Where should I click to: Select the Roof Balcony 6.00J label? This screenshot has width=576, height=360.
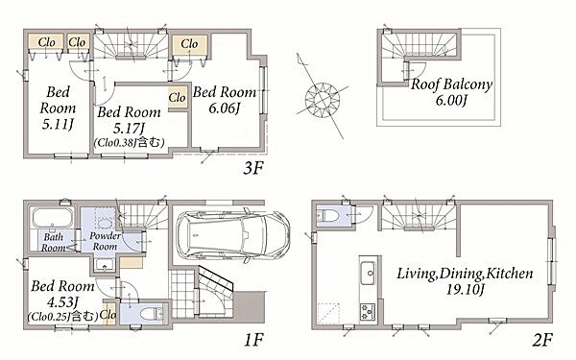pos(451,92)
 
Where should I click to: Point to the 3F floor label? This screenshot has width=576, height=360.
pos(253,168)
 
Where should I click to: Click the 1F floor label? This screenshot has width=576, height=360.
pos(253,340)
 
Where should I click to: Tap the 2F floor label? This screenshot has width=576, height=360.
pos(542,340)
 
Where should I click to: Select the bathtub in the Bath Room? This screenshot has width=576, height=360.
pos(53,218)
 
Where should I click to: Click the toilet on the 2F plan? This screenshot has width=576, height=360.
pos(325,216)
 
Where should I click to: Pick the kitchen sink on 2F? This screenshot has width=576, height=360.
pos(369,274)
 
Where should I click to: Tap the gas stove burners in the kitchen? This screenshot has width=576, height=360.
pos(368,311)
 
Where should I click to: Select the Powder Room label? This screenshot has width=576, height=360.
pos(105,241)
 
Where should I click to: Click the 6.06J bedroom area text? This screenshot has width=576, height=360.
pos(224,108)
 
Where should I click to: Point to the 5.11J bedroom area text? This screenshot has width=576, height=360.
pos(58,124)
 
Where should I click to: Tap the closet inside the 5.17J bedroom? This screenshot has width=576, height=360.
pos(178,97)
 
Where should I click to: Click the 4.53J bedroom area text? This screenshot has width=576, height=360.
pos(62,302)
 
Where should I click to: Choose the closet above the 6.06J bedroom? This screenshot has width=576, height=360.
pos(189,44)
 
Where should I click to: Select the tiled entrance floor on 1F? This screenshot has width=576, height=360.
pos(182,294)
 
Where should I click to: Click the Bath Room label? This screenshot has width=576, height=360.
pos(54,242)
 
